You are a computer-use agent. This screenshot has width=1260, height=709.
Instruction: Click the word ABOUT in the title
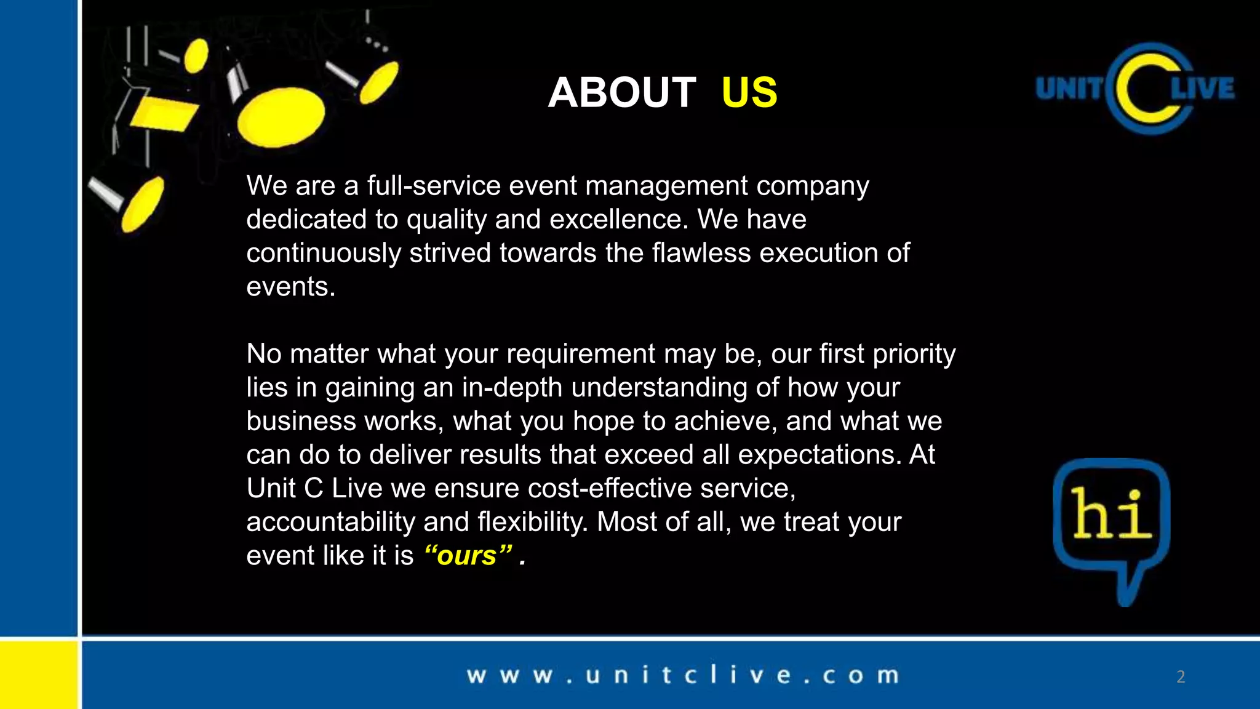click(621, 93)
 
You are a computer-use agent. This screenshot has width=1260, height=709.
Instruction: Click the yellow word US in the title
click(749, 93)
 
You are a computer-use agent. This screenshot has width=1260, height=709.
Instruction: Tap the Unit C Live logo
click(1136, 89)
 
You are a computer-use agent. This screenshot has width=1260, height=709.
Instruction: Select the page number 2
click(1181, 677)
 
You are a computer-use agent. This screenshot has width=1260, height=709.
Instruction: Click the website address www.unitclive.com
click(683, 675)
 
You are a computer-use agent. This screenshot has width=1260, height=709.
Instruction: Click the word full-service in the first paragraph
click(434, 186)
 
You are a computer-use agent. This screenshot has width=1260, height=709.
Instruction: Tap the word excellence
click(618, 220)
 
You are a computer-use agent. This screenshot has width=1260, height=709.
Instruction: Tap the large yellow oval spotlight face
click(281, 116)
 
